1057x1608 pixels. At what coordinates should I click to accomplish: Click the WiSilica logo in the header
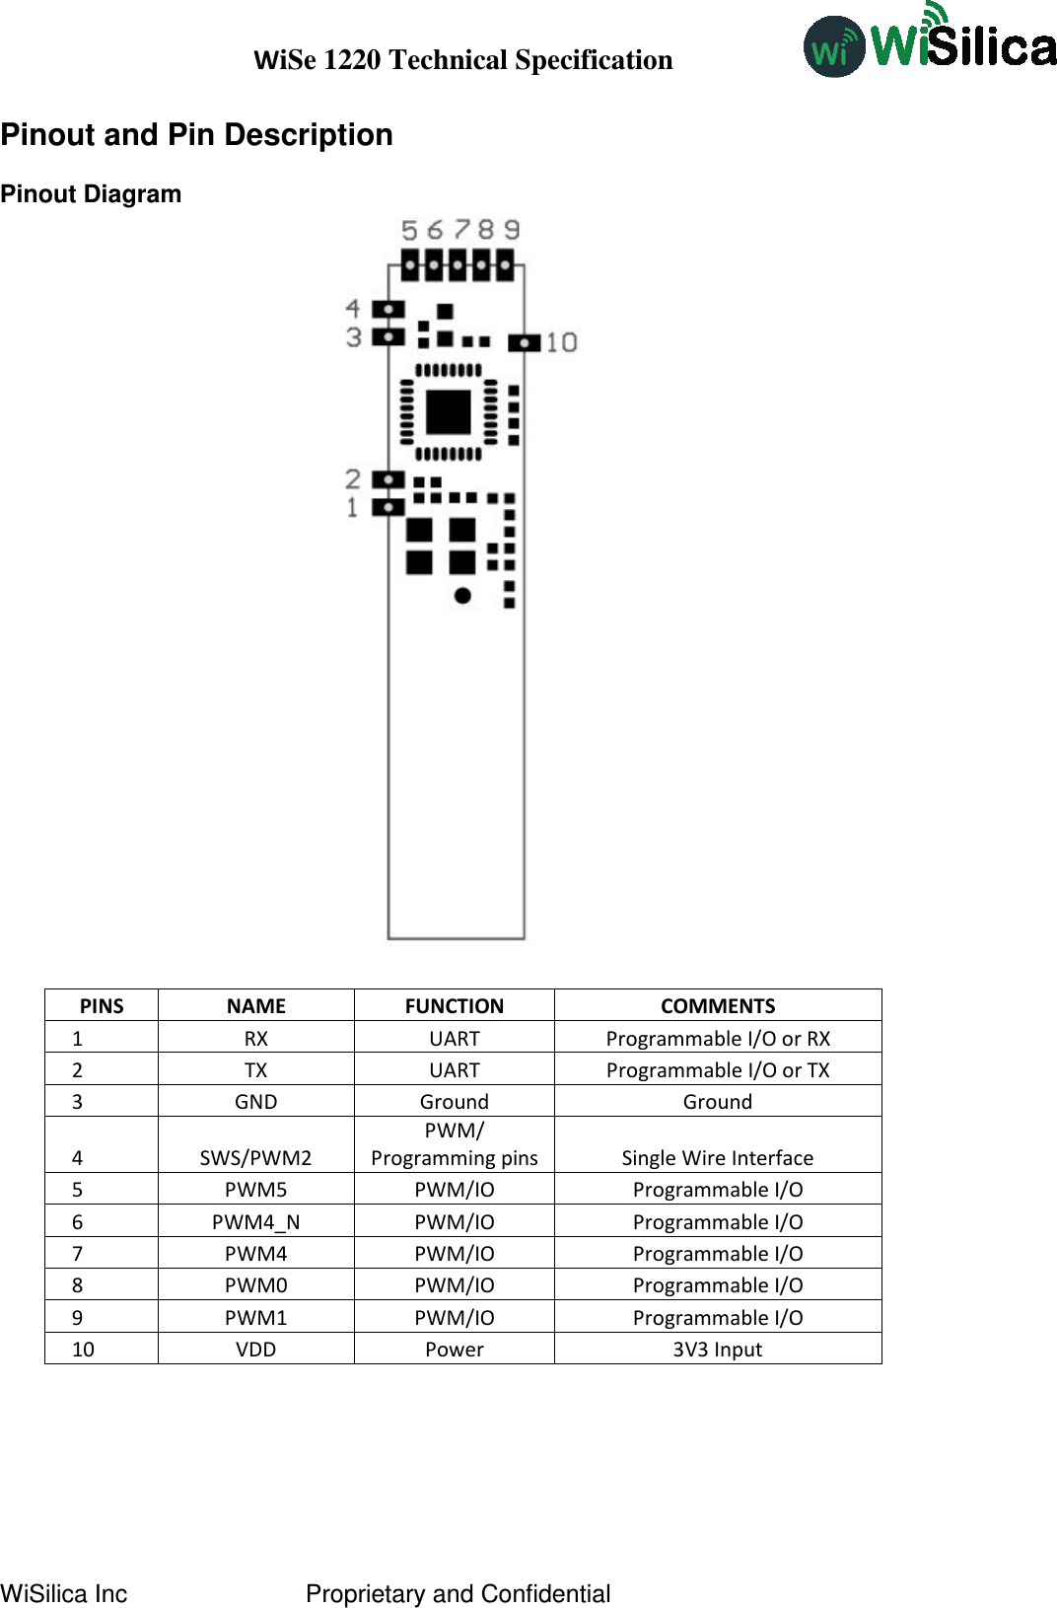pos(929,42)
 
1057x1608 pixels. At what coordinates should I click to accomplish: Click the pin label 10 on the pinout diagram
pos(561,342)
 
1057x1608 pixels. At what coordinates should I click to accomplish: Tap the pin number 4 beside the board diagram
pos(352,309)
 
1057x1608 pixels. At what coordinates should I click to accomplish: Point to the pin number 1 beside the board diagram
pos(352,507)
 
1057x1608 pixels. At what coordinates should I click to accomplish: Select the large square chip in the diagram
pos(448,411)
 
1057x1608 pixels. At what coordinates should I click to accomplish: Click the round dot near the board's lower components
pos(462,595)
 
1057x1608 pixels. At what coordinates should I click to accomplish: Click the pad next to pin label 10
pos(524,342)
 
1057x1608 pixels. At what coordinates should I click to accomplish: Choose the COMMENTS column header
pos(717,1005)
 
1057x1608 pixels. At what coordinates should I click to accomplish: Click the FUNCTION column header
pos(454,1005)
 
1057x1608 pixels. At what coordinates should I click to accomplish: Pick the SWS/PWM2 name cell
pos(255,1157)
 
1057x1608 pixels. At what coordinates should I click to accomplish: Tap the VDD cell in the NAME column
pos(255,1349)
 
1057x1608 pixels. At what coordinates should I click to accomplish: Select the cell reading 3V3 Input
pos(717,1349)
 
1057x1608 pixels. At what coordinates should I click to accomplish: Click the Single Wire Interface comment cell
pos(717,1157)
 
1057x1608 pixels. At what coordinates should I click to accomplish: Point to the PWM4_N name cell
pos(255,1221)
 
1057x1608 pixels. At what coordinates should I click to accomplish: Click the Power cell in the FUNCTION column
pos(454,1349)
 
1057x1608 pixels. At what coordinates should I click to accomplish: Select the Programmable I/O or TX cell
pos(717,1069)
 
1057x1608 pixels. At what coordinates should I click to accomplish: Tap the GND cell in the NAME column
pos(255,1101)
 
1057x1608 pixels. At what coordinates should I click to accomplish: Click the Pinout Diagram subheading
pos(91,194)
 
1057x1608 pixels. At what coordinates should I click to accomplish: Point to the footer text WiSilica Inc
pos(64,1593)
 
